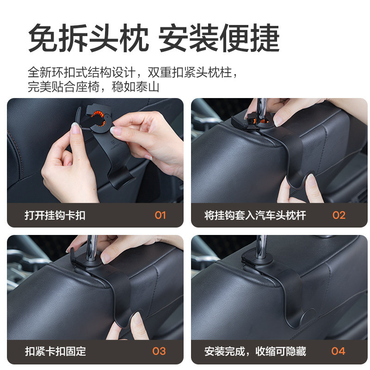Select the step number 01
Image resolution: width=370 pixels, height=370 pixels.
point(160,215)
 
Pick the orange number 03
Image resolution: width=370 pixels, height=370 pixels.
point(159,351)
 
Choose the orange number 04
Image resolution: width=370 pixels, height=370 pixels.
point(338,351)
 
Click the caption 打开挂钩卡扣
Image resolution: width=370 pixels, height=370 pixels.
point(55,215)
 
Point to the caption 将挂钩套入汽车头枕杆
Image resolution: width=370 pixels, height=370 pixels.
point(255,215)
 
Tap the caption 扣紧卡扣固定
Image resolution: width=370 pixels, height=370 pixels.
point(55,351)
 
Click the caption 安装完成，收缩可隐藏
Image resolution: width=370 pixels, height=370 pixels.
point(255,351)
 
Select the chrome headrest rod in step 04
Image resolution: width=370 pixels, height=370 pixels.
point(262,245)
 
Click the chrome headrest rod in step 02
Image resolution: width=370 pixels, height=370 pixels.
point(262,105)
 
